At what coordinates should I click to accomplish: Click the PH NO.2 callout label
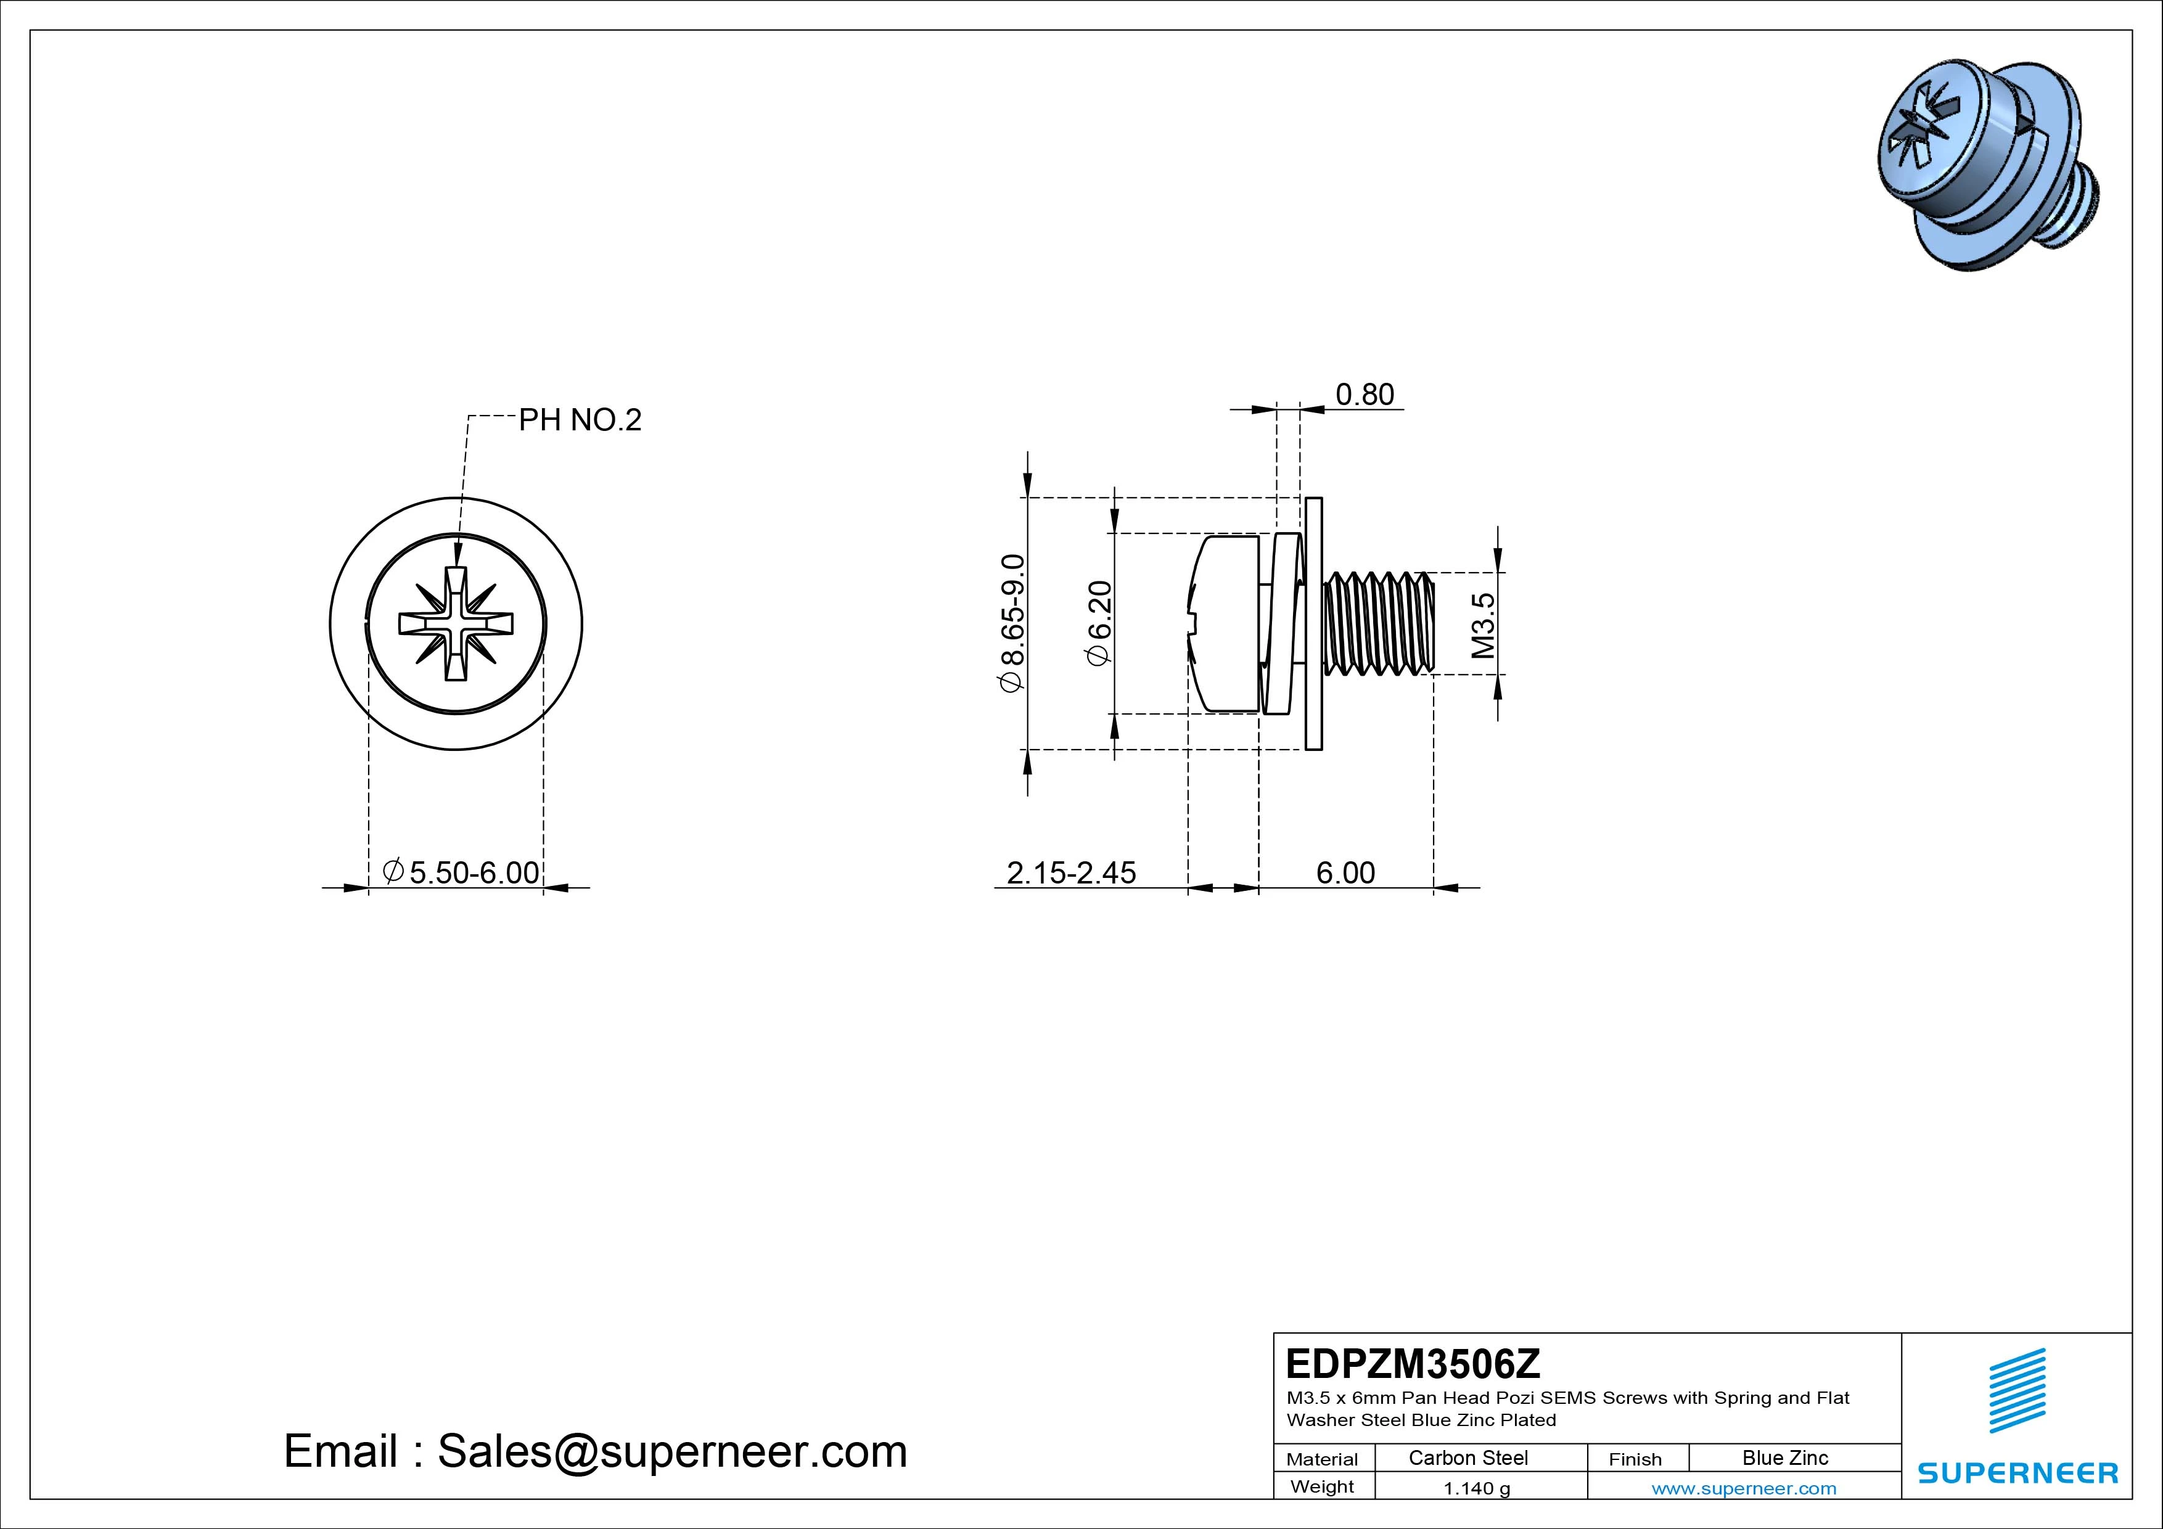coord(580,420)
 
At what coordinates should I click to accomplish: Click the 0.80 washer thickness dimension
coord(1364,395)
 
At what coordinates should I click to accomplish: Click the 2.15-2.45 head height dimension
coord(1071,873)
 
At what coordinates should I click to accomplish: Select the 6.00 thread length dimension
coord(1345,873)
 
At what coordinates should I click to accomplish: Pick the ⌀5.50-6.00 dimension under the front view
coord(462,872)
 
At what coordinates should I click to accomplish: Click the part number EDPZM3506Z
coord(1412,1363)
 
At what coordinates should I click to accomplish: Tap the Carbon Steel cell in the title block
coord(1467,1457)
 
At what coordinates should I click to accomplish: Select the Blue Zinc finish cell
coord(1784,1457)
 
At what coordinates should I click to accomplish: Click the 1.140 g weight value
coord(1476,1488)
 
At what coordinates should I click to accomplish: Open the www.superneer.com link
coord(1744,1488)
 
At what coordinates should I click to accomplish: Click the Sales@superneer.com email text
coord(671,1452)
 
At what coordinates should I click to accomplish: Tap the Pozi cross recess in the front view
coord(456,624)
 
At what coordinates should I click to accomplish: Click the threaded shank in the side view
coord(1378,624)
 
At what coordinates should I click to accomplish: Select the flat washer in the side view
coord(1314,624)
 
